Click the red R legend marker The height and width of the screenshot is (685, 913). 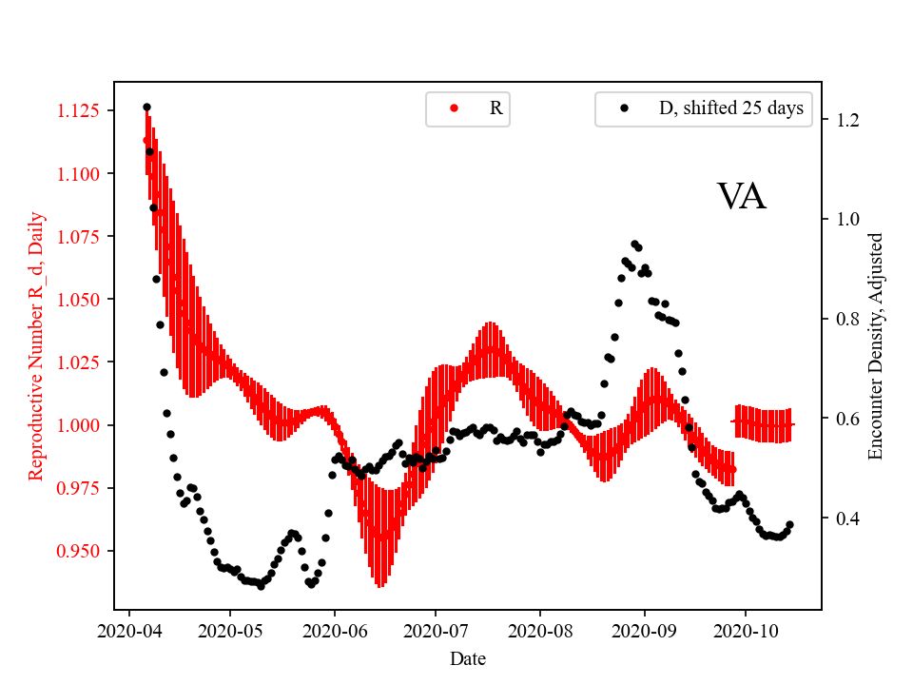454,108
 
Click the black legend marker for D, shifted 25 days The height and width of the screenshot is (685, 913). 624,108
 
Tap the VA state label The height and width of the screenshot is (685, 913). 741,197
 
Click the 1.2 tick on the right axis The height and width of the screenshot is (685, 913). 847,121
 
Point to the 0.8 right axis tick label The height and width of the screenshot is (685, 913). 847,320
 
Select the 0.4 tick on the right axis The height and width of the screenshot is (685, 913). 847,519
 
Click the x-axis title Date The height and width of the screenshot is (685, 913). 467,657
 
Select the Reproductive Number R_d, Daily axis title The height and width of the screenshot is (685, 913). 36,345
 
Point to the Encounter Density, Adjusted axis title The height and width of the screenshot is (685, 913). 876,346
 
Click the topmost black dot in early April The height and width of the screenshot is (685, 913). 146,108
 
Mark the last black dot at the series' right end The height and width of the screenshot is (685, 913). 789,524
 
